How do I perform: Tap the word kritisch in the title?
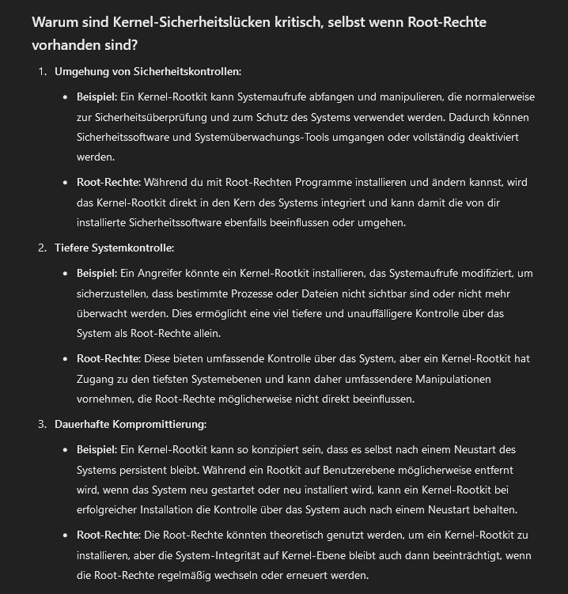pos(297,21)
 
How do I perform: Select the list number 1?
pos(42,71)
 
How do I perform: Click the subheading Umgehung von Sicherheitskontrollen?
pos(147,71)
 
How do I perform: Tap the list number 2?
pos(42,248)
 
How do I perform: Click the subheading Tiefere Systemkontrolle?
pos(114,248)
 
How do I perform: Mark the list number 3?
pos(42,424)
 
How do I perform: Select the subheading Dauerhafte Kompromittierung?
pos(131,424)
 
